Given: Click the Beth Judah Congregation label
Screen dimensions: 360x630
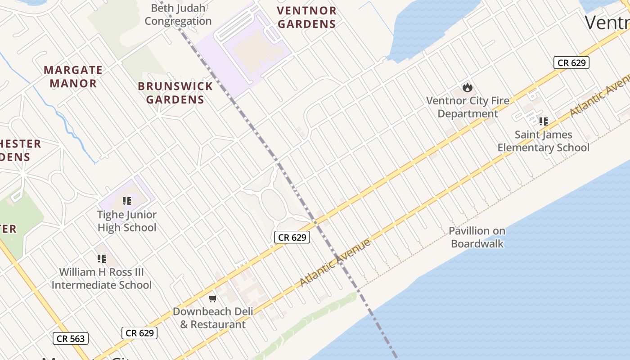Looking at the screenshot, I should [178, 14].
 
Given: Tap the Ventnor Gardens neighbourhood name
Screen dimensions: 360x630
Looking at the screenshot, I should [306, 17].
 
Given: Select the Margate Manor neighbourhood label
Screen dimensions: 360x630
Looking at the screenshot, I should [73, 76].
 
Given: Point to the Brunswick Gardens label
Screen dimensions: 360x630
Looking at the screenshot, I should [175, 93].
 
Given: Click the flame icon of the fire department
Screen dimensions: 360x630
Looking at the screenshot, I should [468, 87].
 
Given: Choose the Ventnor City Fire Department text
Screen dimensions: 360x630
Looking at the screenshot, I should [468, 107].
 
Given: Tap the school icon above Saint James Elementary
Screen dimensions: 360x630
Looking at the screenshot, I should [543, 121].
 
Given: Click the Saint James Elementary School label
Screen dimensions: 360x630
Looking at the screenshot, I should [543, 141].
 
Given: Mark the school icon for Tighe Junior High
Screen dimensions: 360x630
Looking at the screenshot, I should [127, 201].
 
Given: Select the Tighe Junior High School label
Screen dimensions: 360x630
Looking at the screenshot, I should [127, 221].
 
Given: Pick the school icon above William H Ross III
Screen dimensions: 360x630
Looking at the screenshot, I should [102, 259].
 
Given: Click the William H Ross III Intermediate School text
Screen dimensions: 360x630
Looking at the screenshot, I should [102, 278].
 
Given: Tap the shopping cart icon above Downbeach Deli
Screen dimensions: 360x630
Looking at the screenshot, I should [213, 298].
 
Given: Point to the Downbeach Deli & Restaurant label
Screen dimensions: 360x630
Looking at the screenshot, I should [213, 318].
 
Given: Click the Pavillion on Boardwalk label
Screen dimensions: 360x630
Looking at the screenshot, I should [477, 237].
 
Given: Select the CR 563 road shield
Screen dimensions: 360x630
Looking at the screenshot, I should [70, 338].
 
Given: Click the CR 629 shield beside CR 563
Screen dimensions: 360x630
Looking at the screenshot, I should [139, 333].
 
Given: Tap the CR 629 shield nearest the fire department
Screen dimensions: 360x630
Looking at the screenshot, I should [571, 63].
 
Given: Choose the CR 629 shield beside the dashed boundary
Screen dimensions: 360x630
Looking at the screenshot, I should [292, 237].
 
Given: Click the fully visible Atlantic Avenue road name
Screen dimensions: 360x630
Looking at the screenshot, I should [335, 263].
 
